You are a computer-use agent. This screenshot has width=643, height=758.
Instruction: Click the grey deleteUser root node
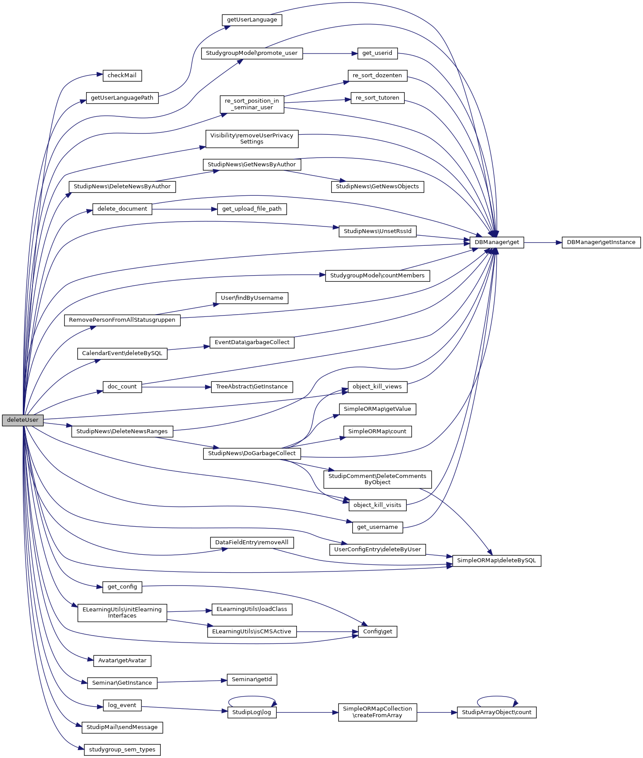[x=23, y=420]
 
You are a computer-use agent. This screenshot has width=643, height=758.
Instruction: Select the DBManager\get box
[x=497, y=242]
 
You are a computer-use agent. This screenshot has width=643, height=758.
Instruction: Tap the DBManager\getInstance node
[x=601, y=242]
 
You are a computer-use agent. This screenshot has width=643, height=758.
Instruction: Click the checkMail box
[x=122, y=75]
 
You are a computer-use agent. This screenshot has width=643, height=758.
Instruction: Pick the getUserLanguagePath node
[x=122, y=98]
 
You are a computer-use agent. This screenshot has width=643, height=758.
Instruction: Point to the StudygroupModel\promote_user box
[x=252, y=53]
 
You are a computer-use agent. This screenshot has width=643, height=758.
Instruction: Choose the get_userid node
[x=377, y=53]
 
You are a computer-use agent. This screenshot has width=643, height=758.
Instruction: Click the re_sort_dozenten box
[x=377, y=75]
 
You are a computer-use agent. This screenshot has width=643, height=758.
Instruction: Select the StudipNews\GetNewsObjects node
[x=377, y=187]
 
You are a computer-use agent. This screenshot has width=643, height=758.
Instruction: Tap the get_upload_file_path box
[x=252, y=209]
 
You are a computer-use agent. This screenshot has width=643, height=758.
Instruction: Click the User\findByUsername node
[x=252, y=298]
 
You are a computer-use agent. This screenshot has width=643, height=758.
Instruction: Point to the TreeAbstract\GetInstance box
[x=252, y=387]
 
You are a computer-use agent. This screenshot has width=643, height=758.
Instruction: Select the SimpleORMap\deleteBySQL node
[x=496, y=560]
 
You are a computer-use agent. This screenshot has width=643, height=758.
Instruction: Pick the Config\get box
[x=377, y=632]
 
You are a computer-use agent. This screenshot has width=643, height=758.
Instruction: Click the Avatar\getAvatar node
[x=122, y=661]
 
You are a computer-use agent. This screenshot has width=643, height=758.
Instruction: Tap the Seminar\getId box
[x=252, y=679]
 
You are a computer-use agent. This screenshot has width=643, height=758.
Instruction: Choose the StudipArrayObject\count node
[x=496, y=712]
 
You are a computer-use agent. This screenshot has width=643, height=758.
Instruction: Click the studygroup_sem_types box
[x=122, y=750]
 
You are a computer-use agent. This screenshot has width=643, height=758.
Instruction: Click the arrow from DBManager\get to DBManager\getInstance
[x=543, y=242]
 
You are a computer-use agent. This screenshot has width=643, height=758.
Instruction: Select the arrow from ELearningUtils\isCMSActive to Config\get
[x=327, y=632]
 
